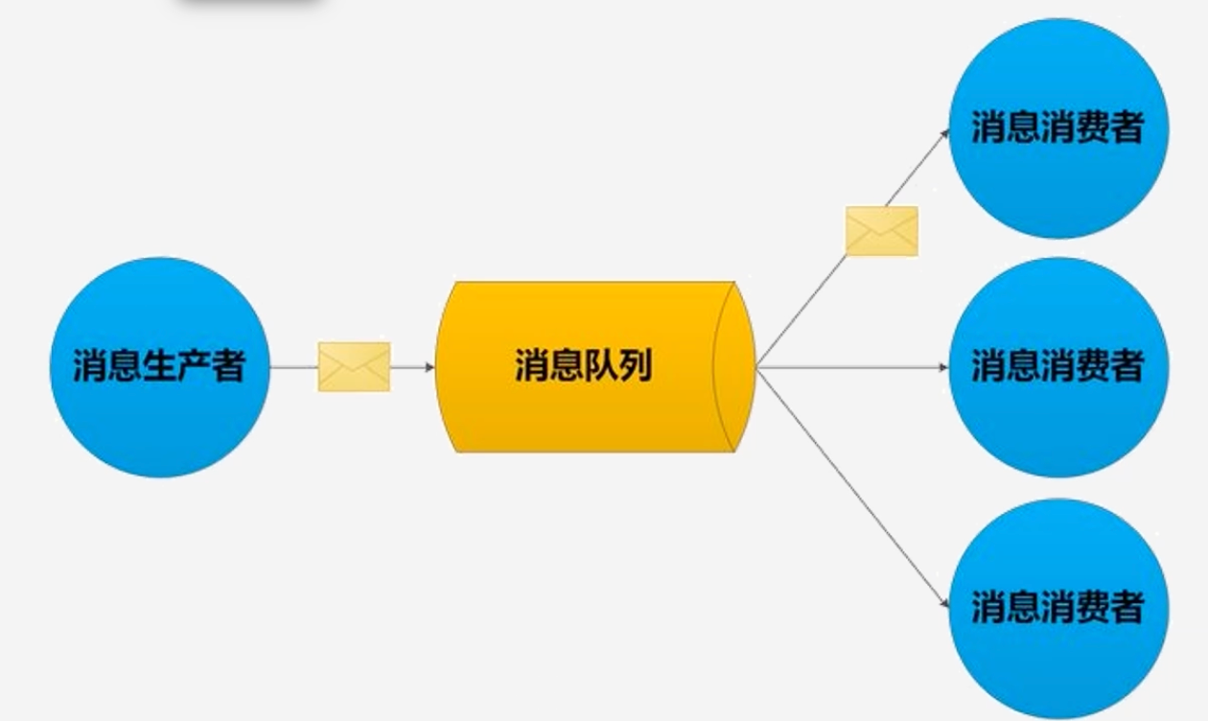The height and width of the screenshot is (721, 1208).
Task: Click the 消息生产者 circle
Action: point(159,366)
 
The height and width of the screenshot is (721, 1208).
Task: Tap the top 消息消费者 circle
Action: point(1058,128)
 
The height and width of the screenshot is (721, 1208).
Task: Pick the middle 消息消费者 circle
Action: point(1058,366)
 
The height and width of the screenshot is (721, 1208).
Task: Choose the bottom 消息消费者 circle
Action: point(1058,608)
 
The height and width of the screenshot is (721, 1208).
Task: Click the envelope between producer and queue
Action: point(354,366)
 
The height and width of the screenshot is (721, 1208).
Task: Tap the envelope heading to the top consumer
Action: point(881,231)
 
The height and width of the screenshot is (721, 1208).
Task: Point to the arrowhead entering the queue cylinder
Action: point(430,366)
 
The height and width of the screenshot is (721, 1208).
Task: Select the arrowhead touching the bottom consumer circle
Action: point(944,605)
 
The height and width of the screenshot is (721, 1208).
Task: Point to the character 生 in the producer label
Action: point(158,366)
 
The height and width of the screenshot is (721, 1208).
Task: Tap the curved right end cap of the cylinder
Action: point(736,366)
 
